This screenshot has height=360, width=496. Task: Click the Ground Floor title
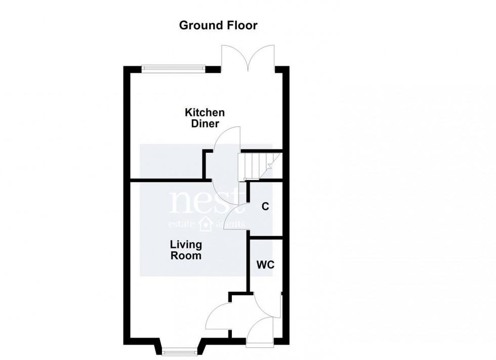[x=219, y=25]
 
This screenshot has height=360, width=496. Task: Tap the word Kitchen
[x=204, y=113]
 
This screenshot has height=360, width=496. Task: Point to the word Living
[x=186, y=245]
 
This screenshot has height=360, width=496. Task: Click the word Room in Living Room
[x=186, y=256]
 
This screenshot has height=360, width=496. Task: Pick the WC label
[x=265, y=264]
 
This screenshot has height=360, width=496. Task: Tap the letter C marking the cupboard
[x=264, y=206]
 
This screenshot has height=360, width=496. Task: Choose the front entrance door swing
[x=262, y=331]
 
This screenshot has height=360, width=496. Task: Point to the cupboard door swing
[x=236, y=217]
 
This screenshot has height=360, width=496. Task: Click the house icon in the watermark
[x=206, y=223]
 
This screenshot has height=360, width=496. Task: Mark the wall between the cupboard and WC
[x=265, y=237]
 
